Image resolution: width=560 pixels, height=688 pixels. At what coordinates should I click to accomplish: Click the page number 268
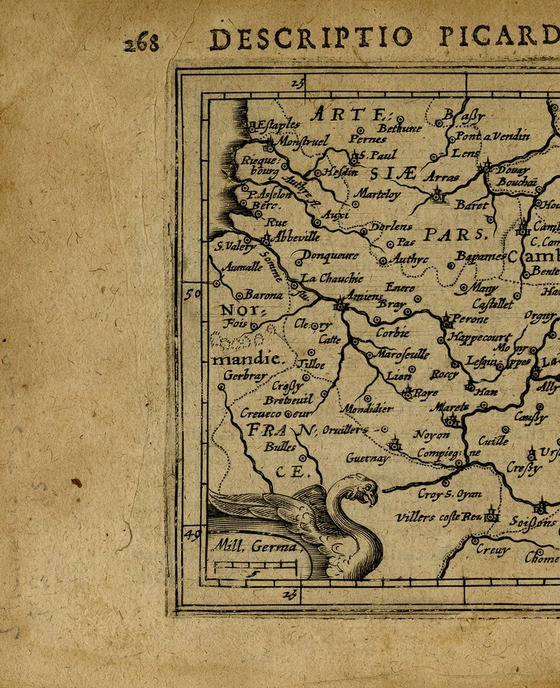[140, 42]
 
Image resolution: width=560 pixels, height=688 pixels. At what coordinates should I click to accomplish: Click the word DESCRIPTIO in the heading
[311, 38]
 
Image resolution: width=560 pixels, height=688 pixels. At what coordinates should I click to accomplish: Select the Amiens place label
[365, 297]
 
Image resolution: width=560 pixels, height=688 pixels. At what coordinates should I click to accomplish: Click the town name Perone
[470, 319]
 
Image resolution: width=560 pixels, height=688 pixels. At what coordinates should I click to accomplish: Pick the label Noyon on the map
[432, 434]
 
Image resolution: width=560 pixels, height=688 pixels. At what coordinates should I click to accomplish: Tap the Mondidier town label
[366, 409]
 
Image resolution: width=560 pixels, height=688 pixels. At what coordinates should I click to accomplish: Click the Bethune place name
[400, 128]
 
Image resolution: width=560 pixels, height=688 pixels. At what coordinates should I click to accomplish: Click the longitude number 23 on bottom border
[289, 595]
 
